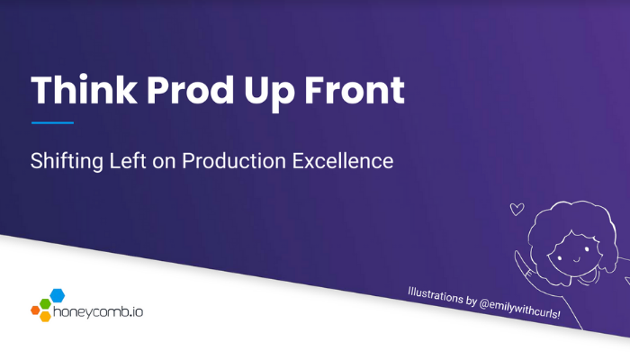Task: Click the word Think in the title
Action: pyautogui.click(x=84, y=90)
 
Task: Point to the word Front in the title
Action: pyautogui.click(x=355, y=90)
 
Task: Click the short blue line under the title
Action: pyautogui.click(x=52, y=122)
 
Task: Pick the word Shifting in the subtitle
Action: pyautogui.click(x=67, y=161)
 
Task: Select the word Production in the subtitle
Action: pyautogui.click(x=234, y=161)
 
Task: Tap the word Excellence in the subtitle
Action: pyautogui.click(x=343, y=161)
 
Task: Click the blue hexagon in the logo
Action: pyautogui.click(x=57, y=295)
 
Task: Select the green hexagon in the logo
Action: pyautogui.click(x=45, y=304)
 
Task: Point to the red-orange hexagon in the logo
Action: pyautogui.click(x=35, y=310)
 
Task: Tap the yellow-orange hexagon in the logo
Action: pyautogui.click(x=45, y=316)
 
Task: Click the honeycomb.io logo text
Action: pyautogui.click(x=98, y=312)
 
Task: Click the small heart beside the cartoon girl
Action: pyautogui.click(x=517, y=210)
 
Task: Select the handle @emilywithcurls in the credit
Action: pyautogui.click(x=518, y=309)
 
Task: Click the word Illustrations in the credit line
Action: pyautogui.click(x=435, y=295)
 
